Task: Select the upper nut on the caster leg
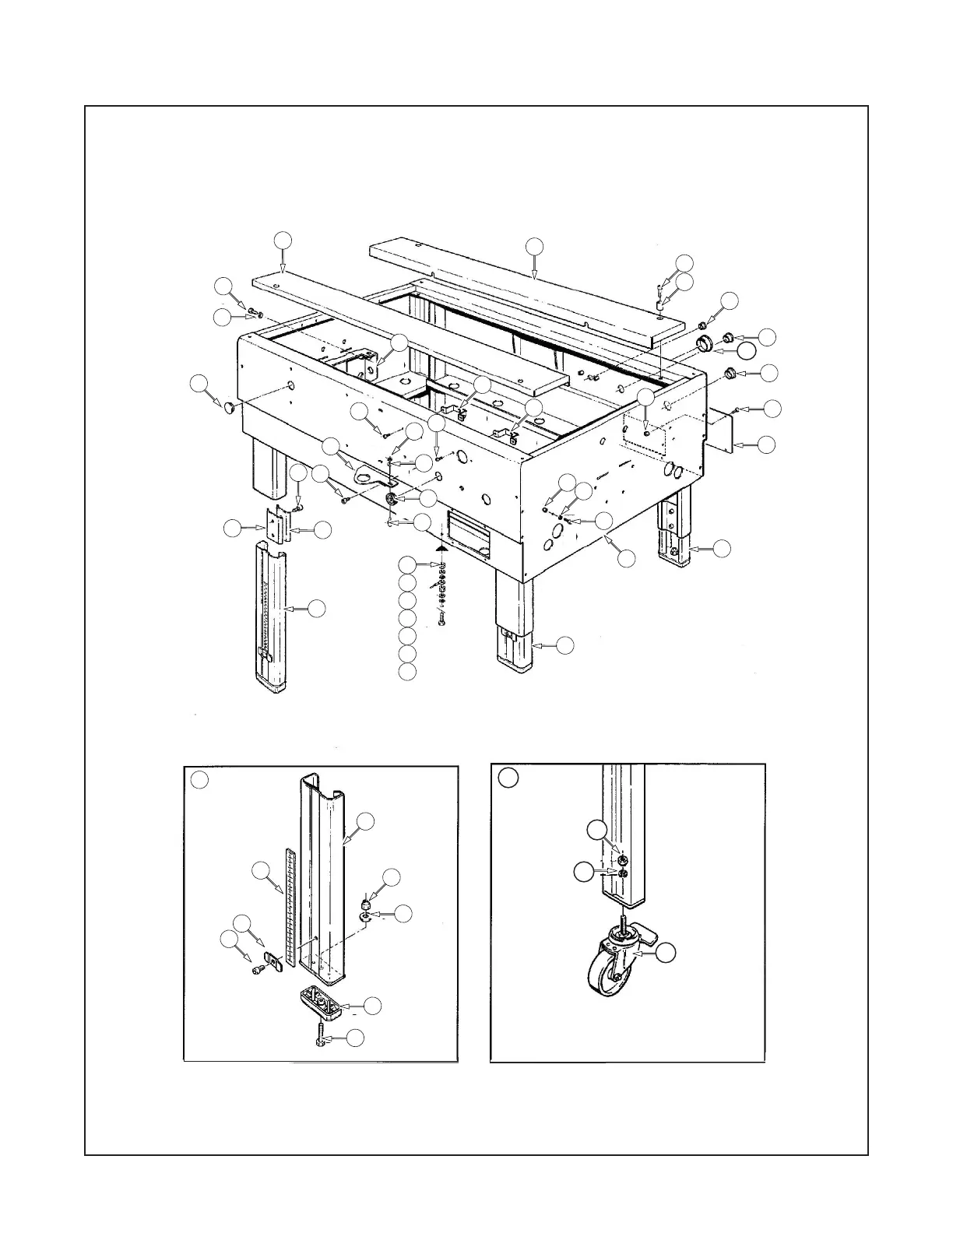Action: point(623,860)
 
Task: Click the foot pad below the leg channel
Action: point(320,1001)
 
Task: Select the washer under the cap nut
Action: point(364,917)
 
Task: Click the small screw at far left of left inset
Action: point(256,968)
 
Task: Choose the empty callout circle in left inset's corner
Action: point(200,779)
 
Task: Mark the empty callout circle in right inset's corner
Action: point(508,778)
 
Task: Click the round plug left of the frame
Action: point(229,407)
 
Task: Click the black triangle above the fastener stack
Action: point(440,548)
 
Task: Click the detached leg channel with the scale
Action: point(271,619)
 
